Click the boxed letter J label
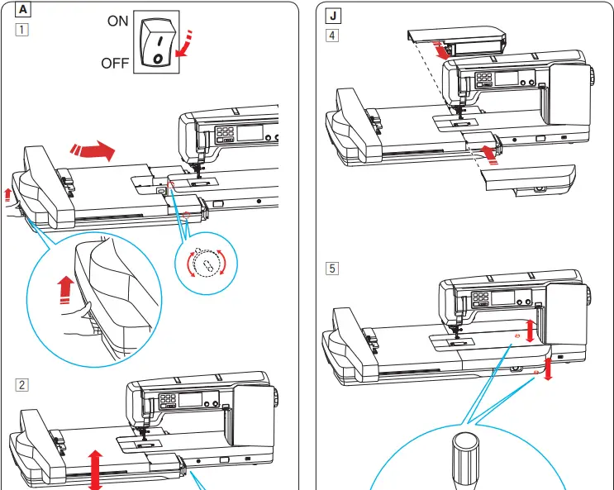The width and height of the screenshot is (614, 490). pos(331,17)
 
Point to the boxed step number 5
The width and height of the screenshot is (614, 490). pos(331,268)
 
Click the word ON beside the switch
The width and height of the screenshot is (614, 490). pos(118,21)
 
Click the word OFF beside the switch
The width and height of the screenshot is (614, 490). pos(114,64)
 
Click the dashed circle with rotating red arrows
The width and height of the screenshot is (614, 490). pos(207,264)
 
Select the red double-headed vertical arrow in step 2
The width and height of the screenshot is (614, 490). pos(95,469)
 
